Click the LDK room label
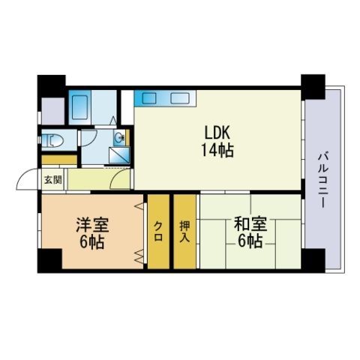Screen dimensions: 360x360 pos(217,133)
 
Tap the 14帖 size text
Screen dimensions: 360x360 pos(217,151)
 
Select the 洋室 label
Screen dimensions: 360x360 pos(92,225)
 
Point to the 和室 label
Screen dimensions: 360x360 pos(250,223)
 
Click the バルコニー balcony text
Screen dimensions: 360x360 pos(323,180)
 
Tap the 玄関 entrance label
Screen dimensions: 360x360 pos(53,180)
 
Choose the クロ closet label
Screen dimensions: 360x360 pos(158,232)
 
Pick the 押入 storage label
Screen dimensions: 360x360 pos(184,231)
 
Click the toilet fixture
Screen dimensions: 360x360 pos(52,141)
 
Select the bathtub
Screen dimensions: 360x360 pos(79,107)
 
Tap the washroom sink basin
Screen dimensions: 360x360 pos(120,137)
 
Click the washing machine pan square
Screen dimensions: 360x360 pos(119,155)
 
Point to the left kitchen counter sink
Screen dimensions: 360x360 pos(149,97)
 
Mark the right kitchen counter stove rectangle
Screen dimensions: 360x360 pos(180,97)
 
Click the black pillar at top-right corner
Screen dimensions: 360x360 pos(313,87)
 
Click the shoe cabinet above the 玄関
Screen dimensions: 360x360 pos(59,160)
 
